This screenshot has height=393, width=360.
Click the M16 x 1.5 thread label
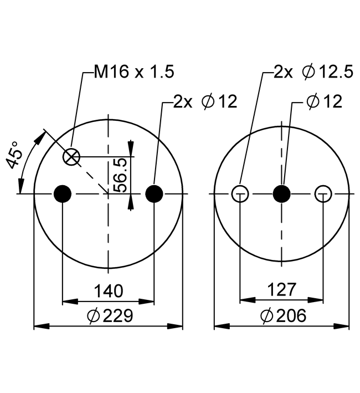(133, 71)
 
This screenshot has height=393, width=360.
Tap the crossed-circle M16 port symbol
(71, 157)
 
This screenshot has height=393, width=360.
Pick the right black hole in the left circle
(154, 193)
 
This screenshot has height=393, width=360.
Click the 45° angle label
(15, 155)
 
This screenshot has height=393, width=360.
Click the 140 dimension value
(108, 290)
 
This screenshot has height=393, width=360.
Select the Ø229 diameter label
(110, 316)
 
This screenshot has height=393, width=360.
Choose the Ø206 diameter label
(282, 316)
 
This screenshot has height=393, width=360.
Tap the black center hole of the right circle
(282, 193)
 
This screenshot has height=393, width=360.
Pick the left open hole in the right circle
(240, 193)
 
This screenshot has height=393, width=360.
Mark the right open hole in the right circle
(323, 193)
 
